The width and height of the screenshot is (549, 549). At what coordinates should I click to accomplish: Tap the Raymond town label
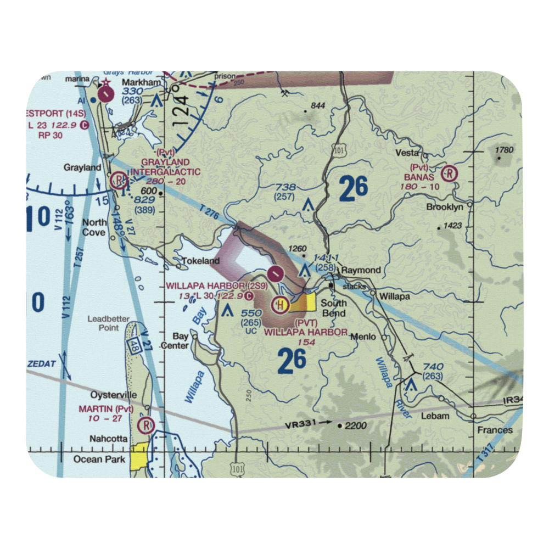[x=361, y=270]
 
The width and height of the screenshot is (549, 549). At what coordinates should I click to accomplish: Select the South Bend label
[x=334, y=308]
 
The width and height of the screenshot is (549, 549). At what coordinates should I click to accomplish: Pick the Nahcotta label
[x=109, y=439]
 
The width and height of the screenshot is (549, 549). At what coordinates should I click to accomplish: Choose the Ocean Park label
[x=100, y=459]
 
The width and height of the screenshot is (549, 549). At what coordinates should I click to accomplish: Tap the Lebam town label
[x=435, y=416]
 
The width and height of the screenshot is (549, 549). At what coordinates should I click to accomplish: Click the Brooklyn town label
[x=445, y=207]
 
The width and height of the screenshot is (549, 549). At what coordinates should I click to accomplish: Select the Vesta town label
[x=408, y=153]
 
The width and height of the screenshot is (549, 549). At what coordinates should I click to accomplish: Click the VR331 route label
[x=300, y=425]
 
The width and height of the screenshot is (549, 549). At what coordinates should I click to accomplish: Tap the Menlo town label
[x=365, y=337]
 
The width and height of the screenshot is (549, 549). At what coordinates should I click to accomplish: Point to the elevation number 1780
[x=503, y=149]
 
